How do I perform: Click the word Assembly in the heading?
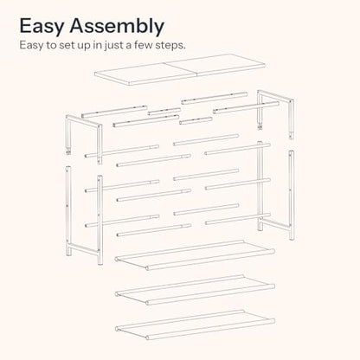click(x=117, y=27)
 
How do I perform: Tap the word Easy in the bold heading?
click(x=42, y=27)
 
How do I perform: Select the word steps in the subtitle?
click(x=170, y=46)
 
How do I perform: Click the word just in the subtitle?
click(x=112, y=46)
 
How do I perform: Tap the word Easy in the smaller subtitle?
click(x=30, y=46)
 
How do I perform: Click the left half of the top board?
click(x=145, y=74)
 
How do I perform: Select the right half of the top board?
click(x=215, y=65)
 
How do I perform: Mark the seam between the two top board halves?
click(x=181, y=69)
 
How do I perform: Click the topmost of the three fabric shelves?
click(x=195, y=255)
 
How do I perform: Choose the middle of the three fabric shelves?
click(x=195, y=290)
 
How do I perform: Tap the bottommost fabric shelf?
click(x=195, y=325)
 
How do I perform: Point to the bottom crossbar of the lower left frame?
click(x=84, y=248)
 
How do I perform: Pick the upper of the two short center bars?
click(x=164, y=112)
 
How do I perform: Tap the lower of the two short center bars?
click(x=196, y=120)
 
